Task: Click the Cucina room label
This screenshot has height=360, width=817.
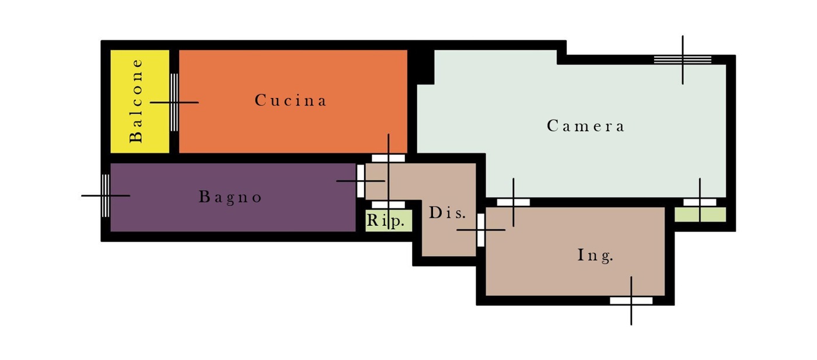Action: (291, 100)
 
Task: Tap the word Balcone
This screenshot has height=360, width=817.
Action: (137, 101)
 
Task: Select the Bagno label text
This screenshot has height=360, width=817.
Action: (230, 197)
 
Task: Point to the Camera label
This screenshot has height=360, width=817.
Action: (585, 126)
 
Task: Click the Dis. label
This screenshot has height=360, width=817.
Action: (447, 212)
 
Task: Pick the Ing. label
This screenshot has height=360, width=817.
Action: (595, 256)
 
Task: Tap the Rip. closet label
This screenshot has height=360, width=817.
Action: (386, 221)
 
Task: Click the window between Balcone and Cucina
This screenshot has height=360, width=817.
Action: (174, 103)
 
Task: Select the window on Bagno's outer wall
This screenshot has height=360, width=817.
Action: (106, 195)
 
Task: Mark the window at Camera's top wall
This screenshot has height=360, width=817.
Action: (682, 60)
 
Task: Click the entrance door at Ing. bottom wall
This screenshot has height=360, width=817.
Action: (631, 300)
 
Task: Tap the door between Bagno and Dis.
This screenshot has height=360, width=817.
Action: (361, 181)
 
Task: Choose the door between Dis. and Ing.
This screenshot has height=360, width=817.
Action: (481, 230)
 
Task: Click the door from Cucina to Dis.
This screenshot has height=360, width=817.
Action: (388, 158)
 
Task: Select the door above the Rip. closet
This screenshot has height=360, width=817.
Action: (388, 205)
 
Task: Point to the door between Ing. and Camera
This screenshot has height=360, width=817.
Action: (513, 202)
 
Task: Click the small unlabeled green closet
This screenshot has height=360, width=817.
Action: (700, 215)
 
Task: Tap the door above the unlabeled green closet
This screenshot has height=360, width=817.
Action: (700, 202)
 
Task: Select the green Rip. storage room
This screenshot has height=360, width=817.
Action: (389, 221)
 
